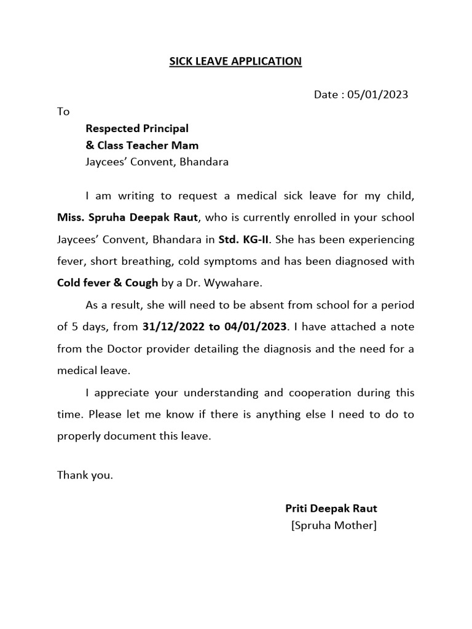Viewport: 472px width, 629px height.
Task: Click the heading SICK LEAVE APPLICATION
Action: [x=235, y=61]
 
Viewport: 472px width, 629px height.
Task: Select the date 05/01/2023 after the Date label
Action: [x=377, y=95]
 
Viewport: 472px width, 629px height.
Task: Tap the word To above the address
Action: [x=63, y=112]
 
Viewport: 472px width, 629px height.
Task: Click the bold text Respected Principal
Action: [x=137, y=128]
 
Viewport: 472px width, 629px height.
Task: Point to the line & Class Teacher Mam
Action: [x=142, y=146]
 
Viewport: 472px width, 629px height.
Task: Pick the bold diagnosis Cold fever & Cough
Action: [x=108, y=283]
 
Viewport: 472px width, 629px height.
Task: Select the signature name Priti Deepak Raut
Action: [x=331, y=509]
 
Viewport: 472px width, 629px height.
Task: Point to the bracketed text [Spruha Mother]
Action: [x=334, y=526]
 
